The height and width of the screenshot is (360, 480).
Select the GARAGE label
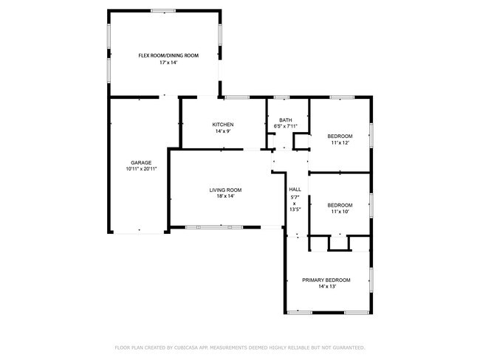point(141,162)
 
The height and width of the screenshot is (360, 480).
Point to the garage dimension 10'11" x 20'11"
point(141,169)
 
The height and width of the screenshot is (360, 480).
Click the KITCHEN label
point(223,124)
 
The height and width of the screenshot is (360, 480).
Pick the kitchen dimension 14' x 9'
point(223,131)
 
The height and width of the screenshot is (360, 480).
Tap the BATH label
point(285,120)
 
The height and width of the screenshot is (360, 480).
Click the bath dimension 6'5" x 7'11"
point(285,127)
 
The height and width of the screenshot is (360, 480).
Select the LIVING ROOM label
point(225,190)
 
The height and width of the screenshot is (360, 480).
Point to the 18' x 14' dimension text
point(225,196)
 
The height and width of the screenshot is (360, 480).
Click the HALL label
point(295,189)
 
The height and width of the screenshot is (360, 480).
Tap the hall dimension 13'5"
point(295,210)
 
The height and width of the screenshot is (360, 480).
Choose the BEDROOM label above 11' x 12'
point(340,136)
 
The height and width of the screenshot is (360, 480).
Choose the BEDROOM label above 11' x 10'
point(340,205)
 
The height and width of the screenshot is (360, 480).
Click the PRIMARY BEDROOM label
point(326,280)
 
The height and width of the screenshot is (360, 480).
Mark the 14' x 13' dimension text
point(326,287)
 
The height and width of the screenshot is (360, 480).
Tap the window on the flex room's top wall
point(163,10)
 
